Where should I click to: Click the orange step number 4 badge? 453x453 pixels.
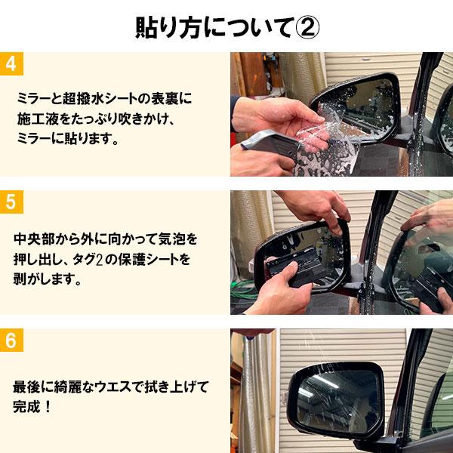coord(11,63)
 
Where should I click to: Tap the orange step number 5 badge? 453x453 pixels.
coord(11,202)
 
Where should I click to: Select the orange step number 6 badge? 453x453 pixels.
coord(11,340)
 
